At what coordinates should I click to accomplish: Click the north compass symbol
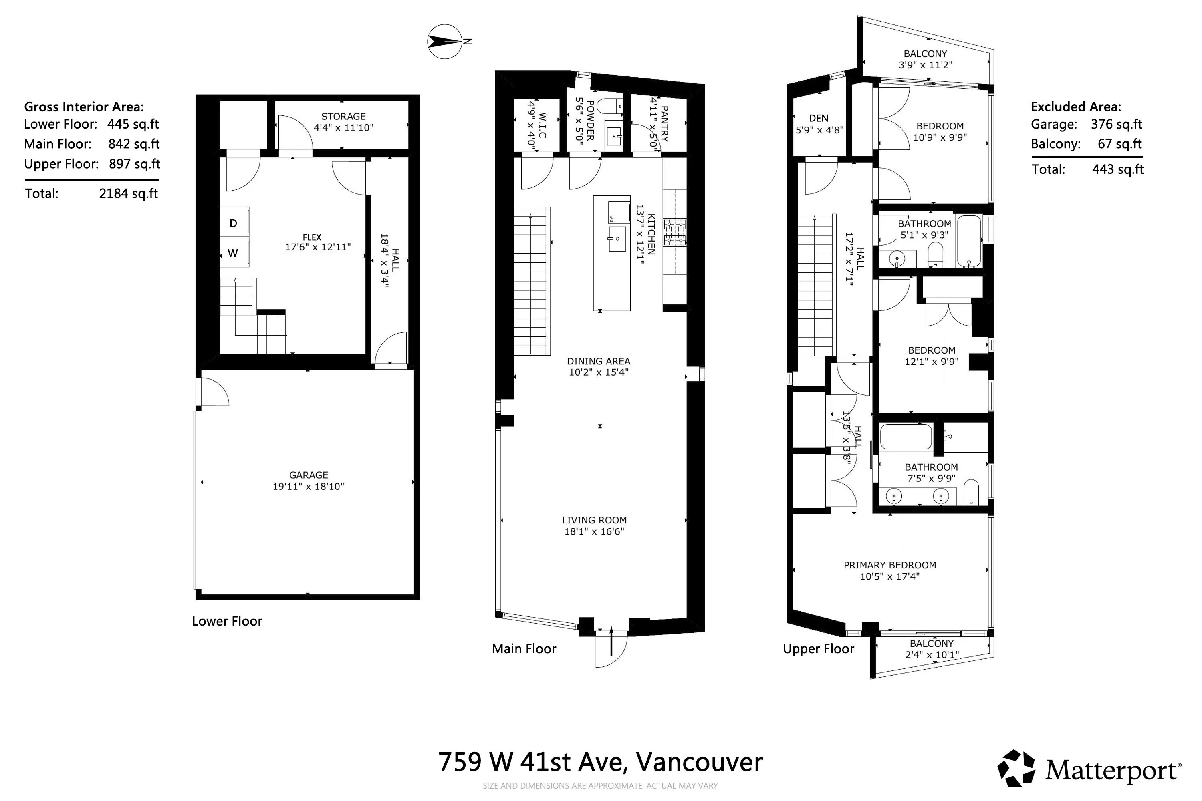[x=445, y=41]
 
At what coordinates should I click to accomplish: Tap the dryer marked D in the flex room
[x=234, y=223]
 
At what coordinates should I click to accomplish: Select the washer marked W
[x=234, y=252]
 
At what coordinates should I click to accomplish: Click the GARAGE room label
[x=308, y=475]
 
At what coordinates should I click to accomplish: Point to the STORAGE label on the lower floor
[x=343, y=117]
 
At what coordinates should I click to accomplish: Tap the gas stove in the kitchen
[x=675, y=232]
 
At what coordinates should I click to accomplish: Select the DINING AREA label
[x=599, y=361]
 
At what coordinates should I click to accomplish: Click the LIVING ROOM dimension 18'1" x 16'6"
[x=594, y=531]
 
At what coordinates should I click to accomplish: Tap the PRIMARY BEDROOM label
[x=890, y=565]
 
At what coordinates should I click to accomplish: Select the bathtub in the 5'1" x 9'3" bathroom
[x=969, y=241]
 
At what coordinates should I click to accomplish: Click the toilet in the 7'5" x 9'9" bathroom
[x=971, y=493]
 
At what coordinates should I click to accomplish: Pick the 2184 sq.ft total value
[x=129, y=193]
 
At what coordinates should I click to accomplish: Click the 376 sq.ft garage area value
[x=1117, y=124]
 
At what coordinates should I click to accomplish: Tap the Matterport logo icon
[x=1016, y=768]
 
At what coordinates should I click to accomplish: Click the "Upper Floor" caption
[x=819, y=649]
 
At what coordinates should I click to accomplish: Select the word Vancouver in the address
[x=700, y=762]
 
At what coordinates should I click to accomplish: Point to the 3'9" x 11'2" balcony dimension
[x=926, y=65]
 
